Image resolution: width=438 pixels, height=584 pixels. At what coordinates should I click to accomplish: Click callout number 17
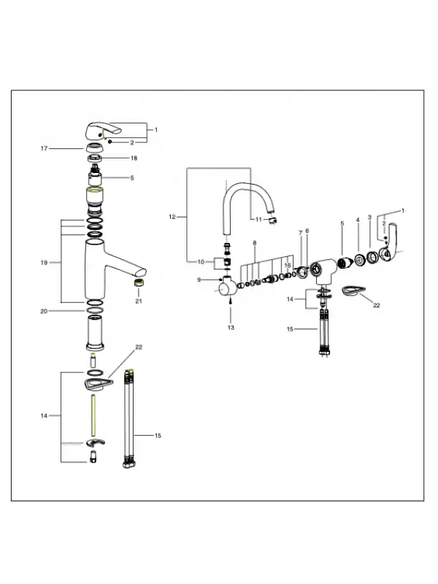point(44,149)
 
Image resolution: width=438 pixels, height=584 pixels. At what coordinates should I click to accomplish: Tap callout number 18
point(134,158)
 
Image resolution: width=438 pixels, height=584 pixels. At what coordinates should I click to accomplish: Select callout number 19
point(44,263)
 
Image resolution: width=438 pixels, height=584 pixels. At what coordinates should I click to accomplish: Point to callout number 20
point(44,312)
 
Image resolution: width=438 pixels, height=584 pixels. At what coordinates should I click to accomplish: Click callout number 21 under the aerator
point(139,301)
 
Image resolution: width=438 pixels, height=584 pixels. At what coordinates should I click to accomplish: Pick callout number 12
point(172,217)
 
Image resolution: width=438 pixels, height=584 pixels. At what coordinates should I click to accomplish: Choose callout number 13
point(231,328)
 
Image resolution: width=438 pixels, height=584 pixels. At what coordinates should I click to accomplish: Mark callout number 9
point(199,280)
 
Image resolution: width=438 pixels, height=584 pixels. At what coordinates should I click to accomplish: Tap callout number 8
point(255,243)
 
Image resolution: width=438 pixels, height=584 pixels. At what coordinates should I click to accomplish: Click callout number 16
point(288,266)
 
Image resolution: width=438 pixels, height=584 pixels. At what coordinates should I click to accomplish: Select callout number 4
point(358,220)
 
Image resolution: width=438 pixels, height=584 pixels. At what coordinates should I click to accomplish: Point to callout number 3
point(369,217)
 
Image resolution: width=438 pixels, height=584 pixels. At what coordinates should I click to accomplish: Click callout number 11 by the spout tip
point(259,220)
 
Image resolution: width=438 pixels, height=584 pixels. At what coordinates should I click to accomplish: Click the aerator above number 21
point(139,283)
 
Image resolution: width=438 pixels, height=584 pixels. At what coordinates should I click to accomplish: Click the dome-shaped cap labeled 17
point(95,148)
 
